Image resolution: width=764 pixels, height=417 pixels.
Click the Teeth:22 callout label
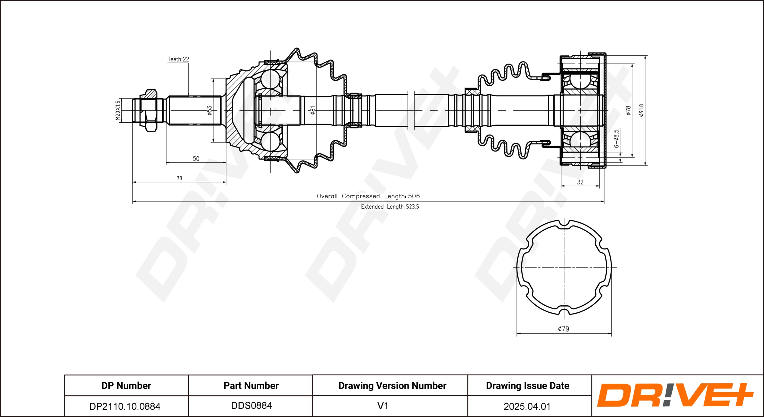coord(178,59)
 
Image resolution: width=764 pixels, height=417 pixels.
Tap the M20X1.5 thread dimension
coord(118,110)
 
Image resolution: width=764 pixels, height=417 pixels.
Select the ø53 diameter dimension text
coord(209,110)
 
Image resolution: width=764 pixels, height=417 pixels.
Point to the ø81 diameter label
coord(313,110)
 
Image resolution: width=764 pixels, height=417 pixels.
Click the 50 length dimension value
coord(196,158)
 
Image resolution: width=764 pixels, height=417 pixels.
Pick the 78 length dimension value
coord(179,178)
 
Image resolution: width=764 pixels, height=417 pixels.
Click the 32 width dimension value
coord(580,182)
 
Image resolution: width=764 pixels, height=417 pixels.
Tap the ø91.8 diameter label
coord(641,110)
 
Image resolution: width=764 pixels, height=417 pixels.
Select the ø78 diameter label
coord(628,110)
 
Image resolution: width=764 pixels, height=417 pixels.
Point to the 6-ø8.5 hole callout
coord(616,139)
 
